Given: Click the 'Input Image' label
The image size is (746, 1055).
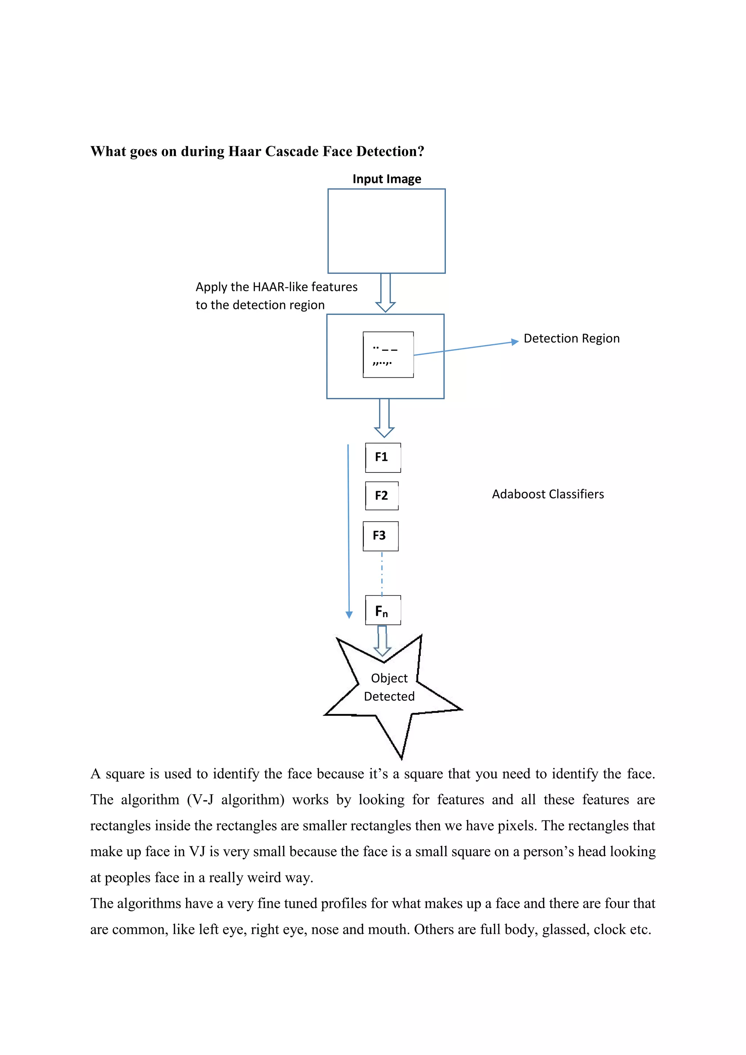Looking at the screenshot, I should tap(386, 179).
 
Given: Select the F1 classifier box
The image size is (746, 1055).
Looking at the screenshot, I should tap(382, 458).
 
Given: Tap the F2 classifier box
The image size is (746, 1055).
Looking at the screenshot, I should tap(382, 496).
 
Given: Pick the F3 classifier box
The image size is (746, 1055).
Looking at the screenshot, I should tap(380, 536).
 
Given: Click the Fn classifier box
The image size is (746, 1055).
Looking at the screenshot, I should tap(382, 610).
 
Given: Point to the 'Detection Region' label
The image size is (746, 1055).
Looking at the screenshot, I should tap(571, 339).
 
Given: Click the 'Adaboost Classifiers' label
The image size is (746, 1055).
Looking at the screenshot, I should tap(547, 494).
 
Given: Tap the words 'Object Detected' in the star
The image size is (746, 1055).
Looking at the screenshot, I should tap(389, 687).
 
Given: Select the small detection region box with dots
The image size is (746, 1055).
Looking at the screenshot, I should tap(388, 355).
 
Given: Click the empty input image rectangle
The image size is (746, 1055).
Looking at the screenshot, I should tap(386, 231).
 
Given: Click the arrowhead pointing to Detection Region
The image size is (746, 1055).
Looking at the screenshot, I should tap(515, 341).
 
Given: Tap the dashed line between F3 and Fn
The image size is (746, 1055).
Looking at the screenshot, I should tap(382, 573).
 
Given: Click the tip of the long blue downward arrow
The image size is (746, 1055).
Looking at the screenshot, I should tap(349, 615).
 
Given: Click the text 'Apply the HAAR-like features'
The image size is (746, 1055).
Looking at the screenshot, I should tap(276, 287).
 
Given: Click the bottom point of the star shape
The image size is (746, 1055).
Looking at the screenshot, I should tap(401, 758).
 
